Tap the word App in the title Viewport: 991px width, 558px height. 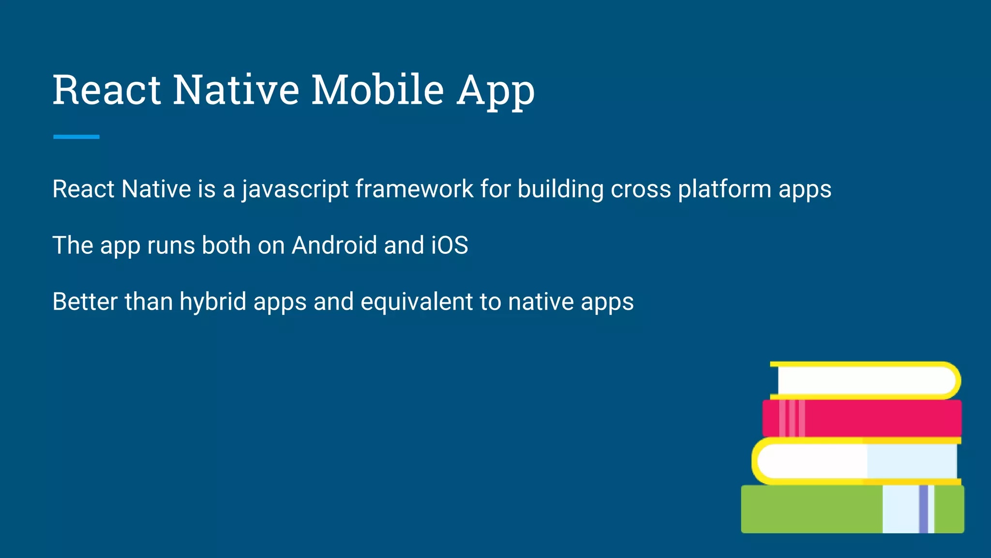[x=496, y=91]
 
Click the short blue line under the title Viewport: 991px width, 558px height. [x=76, y=137]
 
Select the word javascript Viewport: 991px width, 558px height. [x=295, y=189]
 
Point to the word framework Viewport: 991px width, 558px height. [x=414, y=189]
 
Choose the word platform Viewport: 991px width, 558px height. [x=724, y=190]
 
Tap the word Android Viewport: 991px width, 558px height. [x=334, y=245]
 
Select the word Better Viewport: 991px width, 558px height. [x=85, y=302]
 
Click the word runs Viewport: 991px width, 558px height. [x=171, y=246]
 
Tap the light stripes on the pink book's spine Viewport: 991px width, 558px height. [x=792, y=418]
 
